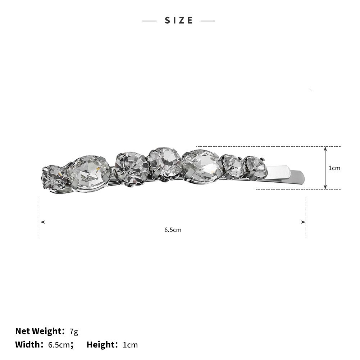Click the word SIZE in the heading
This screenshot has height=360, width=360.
179,20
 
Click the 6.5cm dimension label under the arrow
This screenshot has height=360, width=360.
173,230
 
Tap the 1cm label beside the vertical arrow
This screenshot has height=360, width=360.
334,168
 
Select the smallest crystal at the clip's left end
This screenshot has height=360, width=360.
54,177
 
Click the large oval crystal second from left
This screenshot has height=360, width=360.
89,173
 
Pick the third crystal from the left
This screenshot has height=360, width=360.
131,168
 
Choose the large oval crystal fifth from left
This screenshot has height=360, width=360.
202,167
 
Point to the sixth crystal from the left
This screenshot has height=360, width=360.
233,167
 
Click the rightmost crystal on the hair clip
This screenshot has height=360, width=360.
255,168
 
